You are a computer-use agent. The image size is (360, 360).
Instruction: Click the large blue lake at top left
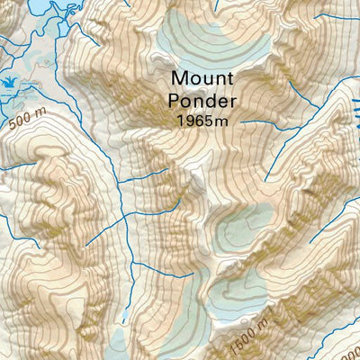point(22,7)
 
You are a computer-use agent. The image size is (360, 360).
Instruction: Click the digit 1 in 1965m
point(181,120)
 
